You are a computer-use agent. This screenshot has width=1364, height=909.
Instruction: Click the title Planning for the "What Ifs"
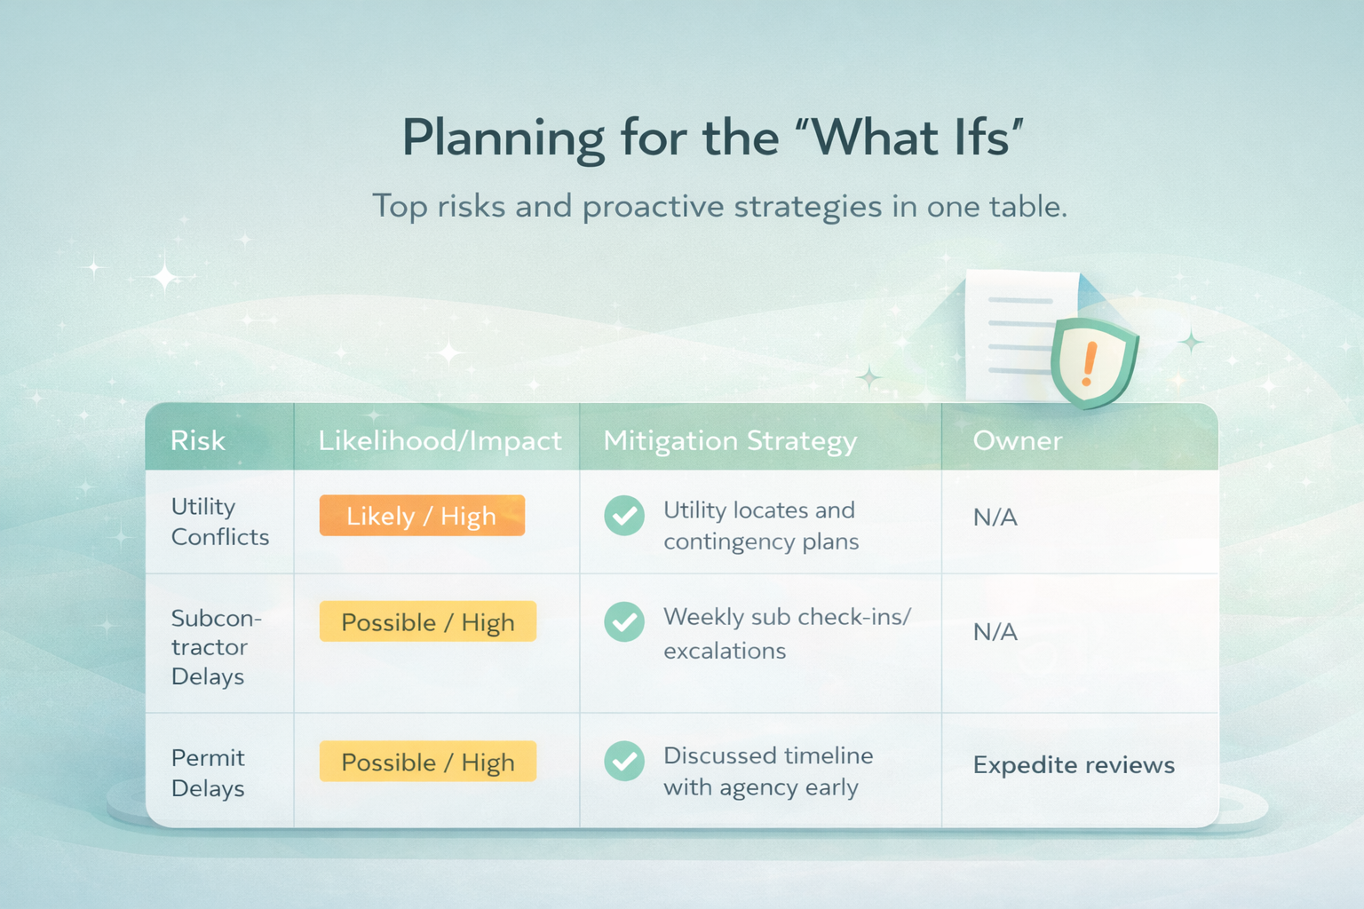click(x=713, y=138)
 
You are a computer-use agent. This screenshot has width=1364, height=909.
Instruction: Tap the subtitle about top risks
click(x=720, y=207)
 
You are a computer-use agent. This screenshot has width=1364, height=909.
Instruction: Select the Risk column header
click(x=198, y=440)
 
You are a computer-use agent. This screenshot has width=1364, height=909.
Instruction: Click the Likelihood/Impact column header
click(x=440, y=440)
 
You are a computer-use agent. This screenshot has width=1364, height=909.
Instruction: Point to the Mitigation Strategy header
click(x=730, y=441)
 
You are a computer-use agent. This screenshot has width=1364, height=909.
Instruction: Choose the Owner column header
click(x=1018, y=440)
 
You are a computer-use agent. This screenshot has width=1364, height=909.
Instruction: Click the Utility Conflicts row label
click(x=220, y=522)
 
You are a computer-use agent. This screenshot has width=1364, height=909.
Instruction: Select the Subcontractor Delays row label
click(x=216, y=647)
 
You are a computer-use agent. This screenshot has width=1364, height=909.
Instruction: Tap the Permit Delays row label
click(x=208, y=773)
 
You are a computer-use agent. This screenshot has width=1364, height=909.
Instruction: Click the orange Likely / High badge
click(x=422, y=516)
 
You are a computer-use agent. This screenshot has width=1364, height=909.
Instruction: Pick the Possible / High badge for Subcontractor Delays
click(x=428, y=621)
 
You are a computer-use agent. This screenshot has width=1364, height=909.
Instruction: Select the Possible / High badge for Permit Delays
click(x=428, y=761)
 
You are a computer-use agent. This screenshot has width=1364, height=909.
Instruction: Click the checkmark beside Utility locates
click(x=624, y=516)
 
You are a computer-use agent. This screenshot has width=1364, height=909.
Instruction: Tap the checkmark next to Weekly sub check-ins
click(x=624, y=621)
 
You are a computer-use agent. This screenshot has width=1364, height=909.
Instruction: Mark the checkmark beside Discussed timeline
click(x=624, y=761)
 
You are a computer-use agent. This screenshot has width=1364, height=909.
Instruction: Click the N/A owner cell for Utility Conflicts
click(x=995, y=518)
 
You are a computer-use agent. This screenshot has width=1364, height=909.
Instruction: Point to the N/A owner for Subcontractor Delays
click(x=995, y=632)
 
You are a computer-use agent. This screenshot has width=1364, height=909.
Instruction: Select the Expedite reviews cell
click(x=1074, y=765)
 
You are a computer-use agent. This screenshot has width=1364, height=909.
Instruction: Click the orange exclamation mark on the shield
click(x=1089, y=364)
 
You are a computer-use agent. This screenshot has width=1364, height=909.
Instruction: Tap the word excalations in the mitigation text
click(x=725, y=652)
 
